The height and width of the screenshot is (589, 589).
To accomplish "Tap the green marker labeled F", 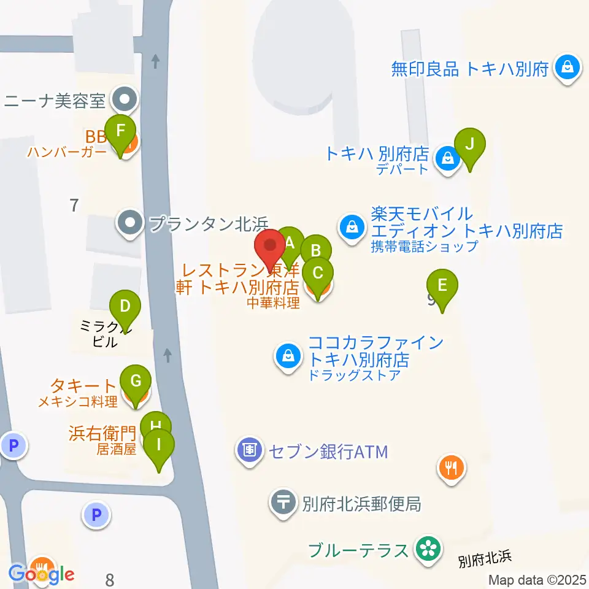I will click(x=120, y=131).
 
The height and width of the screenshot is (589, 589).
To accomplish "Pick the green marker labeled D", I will click(x=125, y=306).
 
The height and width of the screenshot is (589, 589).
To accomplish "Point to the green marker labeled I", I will click(x=159, y=445).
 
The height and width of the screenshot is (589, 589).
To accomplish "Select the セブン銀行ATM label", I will click(x=327, y=452).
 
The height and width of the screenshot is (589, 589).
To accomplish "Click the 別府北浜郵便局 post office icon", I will click(x=283, y=504).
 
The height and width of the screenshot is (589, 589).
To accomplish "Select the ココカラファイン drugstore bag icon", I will click(x=287, y=355).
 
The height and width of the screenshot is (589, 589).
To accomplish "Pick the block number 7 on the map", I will click(x=74, y=206).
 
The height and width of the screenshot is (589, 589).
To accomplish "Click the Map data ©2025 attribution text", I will click(x=537, y=580).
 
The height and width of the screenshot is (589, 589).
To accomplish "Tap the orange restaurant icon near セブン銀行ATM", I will click(x=452, y=469).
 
